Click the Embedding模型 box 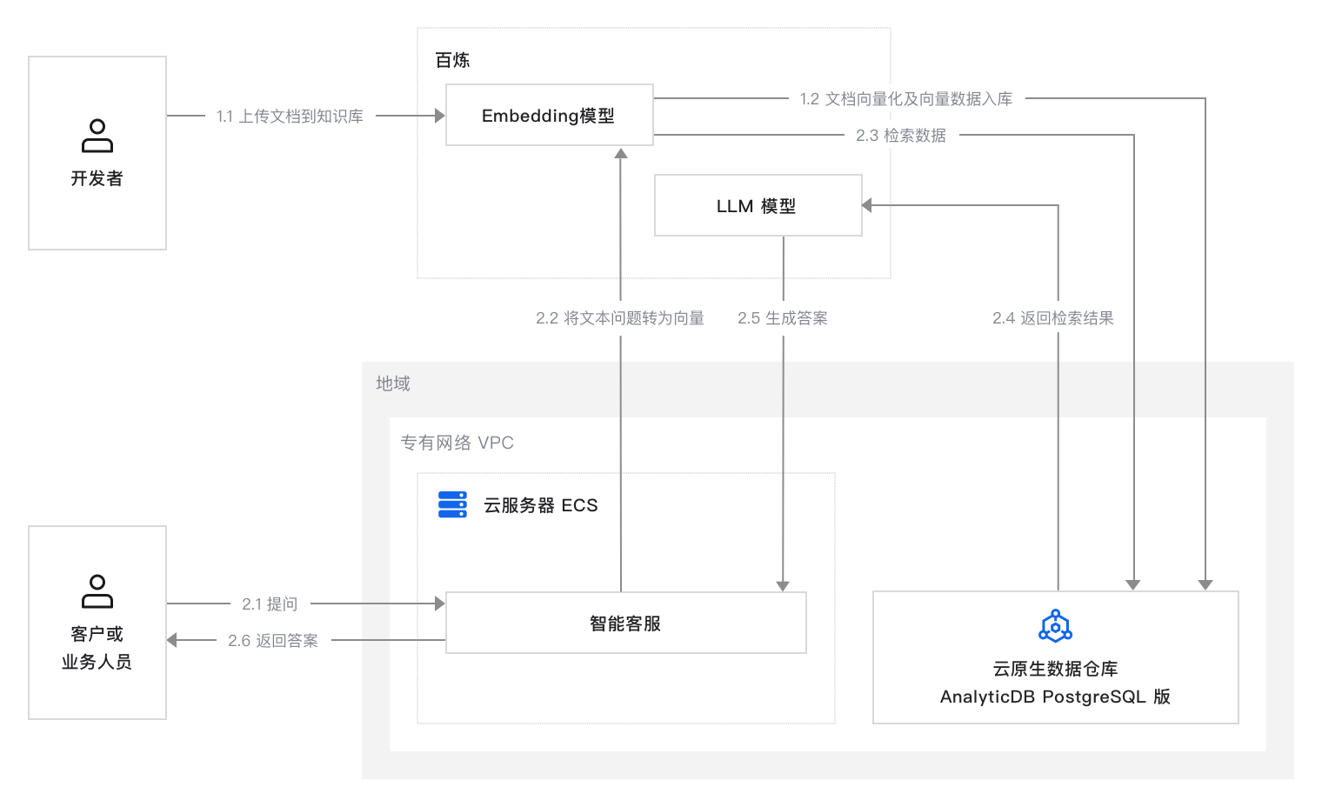pos(549,115)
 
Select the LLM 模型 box pos(758,205)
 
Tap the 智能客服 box pos(625,623)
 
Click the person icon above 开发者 pos(97,136)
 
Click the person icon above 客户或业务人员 pos(97,591)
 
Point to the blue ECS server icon pos(452,504)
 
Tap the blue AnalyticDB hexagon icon pos(1055,626)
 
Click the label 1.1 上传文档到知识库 pos(290,116)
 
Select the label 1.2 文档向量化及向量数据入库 pos(906,99)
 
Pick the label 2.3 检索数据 pos(901,136)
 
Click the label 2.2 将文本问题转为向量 pos(620,318)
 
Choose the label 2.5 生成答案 pos(783,318)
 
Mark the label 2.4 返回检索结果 pos(1053,318)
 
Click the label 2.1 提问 pos(270,604)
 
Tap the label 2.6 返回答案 pos(273,641)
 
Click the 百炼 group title pos(452,60)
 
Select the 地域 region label pos(393,383)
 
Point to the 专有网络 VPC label pos(457,443)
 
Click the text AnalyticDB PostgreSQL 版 pos(1055,697)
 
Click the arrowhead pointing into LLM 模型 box pos(867,205)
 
